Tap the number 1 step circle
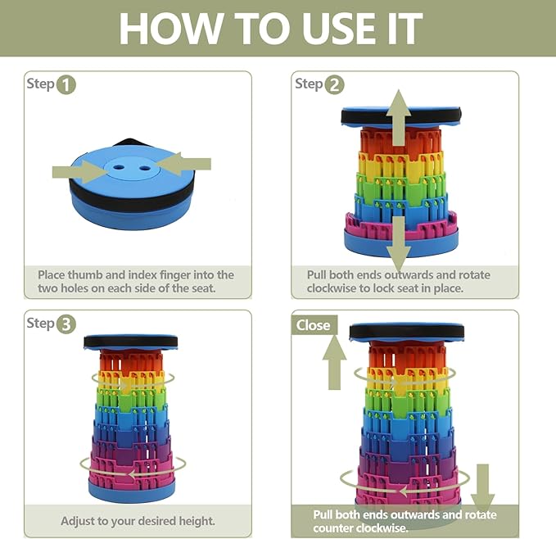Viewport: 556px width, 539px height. point(66,84)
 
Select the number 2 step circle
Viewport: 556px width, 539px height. point(334,84)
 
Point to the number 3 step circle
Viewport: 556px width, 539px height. point(66,324)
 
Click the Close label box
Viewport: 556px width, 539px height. point(314,325)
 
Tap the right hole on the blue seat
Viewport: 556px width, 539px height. point(144,168)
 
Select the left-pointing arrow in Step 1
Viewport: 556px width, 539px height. point(183,164)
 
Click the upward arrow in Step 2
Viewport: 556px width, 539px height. point(399,117)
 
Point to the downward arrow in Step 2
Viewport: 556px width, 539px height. point(399,244)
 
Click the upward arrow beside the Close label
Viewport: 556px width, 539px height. point(334,362)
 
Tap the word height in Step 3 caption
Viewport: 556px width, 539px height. point(197,521)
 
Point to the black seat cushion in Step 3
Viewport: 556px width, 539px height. point(130,342)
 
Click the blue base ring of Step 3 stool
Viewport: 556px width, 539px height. point(132,491)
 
